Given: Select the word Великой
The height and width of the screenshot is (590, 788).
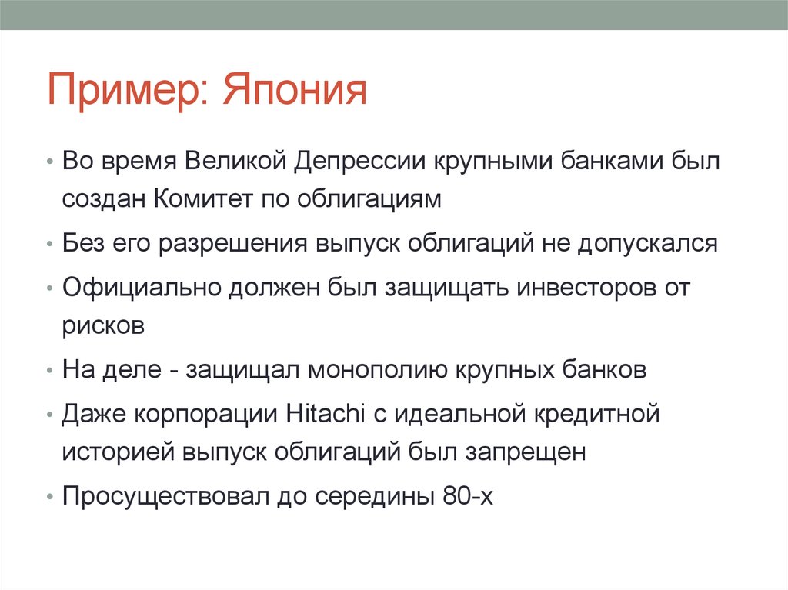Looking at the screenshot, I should (x=235, y=163).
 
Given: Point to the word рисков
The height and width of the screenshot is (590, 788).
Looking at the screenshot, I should (x=104, y=325).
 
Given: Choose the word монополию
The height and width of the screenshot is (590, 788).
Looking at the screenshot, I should (x=376, y=369).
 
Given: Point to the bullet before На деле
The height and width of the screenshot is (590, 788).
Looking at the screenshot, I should (x=49, y=370).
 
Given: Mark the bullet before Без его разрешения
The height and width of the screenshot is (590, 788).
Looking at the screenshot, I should (x=49, y=245).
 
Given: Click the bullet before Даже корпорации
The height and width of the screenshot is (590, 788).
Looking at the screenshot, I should (x=49, y=414).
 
